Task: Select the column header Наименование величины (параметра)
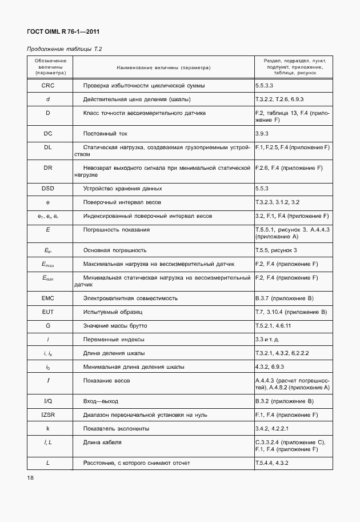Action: click(x=163, y=67)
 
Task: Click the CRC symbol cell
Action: click(x=49, y=86)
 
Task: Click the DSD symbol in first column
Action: click(x=49, y=188)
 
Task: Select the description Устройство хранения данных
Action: click(x=122, y=188)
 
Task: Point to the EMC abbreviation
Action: click(x=49, y=298)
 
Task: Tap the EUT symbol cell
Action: click(x=49, y=312)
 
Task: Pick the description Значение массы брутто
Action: click(x=115, y=325)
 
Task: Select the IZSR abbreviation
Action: click(x=49, y=415)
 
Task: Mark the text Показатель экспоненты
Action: click(x=117, y=428)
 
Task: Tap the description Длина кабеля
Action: click(x=102, y=442)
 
